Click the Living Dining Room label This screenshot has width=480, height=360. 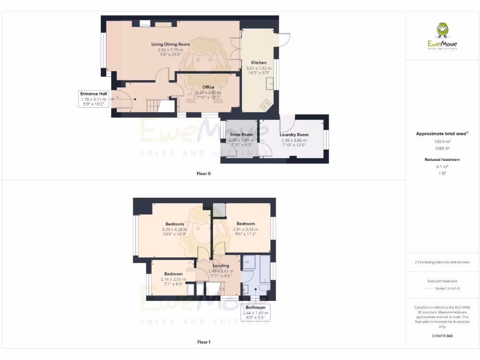[170, 44]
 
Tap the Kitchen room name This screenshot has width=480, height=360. [259, 62]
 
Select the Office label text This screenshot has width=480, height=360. [208, 87]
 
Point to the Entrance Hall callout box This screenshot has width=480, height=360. [94, 99]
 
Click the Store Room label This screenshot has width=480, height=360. [241, 135]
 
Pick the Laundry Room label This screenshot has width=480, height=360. [294, 135]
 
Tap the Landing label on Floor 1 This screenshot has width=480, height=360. [221, 266]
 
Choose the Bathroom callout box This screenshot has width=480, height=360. [255, 313]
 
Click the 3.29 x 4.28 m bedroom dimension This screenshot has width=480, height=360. [174, 229]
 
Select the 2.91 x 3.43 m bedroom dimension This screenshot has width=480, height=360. [246, 229]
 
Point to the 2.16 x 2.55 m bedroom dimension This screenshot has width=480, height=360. [173, 279]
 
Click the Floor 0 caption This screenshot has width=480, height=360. [203, 173]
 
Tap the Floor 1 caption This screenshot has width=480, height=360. [203, 342]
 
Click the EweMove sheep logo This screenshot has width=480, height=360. [442, 31]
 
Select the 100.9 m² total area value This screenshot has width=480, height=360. [442, 141]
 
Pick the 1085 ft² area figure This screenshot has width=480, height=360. [442, 148]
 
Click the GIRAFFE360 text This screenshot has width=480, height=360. [442, 336]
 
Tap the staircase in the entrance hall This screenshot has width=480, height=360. [153, 106]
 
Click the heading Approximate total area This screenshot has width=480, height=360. [441, 134]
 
